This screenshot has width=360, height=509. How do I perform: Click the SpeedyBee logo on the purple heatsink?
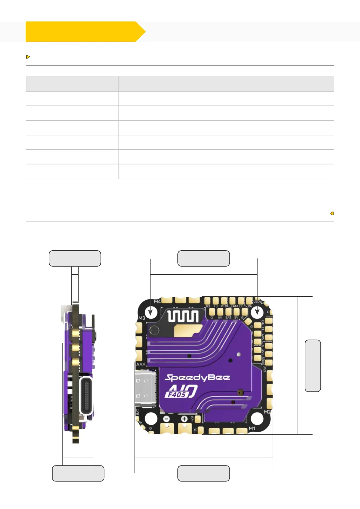pos(197,378)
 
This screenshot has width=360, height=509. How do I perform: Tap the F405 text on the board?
pos(177,394)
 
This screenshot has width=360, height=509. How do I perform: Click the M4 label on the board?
pos(157,302)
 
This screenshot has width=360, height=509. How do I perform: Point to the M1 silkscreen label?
pos(252,429)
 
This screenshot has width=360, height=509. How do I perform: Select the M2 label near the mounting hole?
pos(267,412)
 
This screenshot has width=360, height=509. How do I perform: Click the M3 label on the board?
pos(141,318)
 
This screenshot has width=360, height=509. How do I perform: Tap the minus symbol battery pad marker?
pos(166,419)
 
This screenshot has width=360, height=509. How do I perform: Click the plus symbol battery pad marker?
pos(184,419)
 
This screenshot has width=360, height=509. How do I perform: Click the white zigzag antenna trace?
pos(183,316)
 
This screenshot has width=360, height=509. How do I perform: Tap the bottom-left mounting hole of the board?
pos(151,419)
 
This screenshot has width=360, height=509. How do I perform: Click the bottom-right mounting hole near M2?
pos(257,419)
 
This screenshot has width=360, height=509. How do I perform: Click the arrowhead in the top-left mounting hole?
pos(151,312)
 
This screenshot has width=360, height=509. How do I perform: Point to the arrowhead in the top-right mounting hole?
pos(257,312)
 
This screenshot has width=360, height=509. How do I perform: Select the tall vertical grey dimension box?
pos(313,366)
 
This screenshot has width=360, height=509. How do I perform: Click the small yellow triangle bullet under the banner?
pos(28,57)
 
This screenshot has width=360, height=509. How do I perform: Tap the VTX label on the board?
pos(224,306)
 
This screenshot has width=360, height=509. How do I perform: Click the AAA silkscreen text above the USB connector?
pos(141,365)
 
